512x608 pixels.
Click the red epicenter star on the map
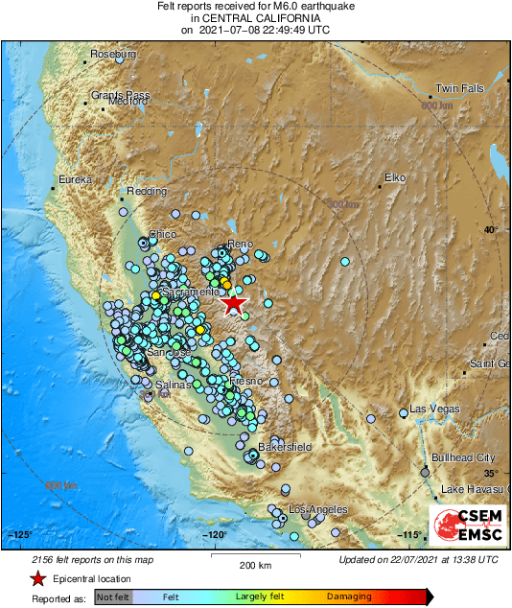click(232, 303)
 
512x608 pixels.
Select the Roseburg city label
click(112, 55)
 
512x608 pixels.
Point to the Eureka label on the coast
click(75, 179)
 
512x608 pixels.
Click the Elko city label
click(395, 177)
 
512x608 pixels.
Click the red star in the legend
click(37, 578)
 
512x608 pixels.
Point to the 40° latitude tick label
click(491, 229)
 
